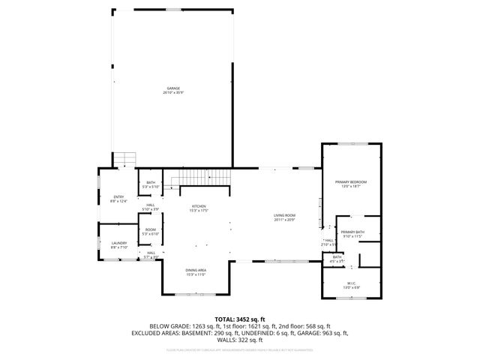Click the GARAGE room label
click(x=174, y=88)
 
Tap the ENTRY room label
click(x=118, y=196)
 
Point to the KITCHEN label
click(x=199, y=206)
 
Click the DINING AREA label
click(x=196, y=270)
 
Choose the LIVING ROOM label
click(x=284, y=216)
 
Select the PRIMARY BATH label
click(x=352, y=232)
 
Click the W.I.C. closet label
click(x=352, y=283)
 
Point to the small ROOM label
click(x=151, y=229)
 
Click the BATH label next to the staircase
click(x=151, y=182)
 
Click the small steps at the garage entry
click(x=125, y=159)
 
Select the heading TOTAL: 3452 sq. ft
click(x=240, y=319)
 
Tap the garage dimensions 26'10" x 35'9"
click(x=174, y=92)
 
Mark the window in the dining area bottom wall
click(x=196, y=295)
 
